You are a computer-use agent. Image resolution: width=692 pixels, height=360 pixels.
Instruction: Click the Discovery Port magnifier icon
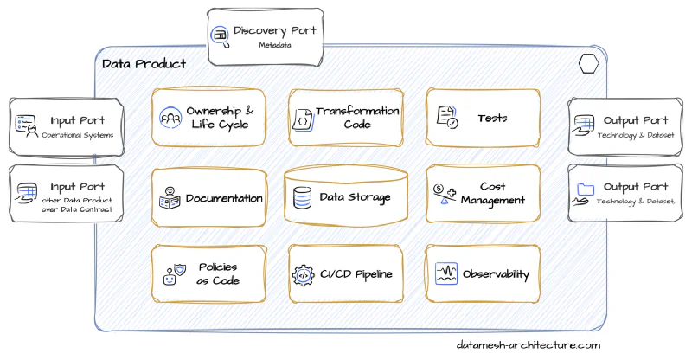220,35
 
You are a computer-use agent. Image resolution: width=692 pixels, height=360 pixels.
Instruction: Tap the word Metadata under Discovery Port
275,45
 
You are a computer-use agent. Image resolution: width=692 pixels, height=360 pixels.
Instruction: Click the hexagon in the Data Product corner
590,63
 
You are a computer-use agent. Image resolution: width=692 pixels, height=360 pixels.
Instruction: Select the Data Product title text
144,64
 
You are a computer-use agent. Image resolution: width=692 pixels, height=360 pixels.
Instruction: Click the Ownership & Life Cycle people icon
170,117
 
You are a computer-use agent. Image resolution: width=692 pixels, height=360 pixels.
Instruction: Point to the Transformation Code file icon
302,118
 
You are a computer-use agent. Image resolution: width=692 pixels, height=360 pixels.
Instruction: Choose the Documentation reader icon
170,197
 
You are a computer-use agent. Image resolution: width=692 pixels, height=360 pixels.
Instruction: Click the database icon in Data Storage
302,197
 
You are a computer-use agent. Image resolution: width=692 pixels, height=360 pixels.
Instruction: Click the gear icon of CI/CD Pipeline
303,274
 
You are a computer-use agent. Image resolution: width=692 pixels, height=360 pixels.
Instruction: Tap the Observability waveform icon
445,274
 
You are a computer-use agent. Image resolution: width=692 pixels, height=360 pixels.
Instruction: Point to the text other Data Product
77,200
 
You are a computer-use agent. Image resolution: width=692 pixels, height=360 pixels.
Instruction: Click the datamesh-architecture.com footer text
528,344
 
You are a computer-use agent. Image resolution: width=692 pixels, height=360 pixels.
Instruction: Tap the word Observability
496,274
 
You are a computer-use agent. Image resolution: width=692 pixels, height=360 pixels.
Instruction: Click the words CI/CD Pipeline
356,274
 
